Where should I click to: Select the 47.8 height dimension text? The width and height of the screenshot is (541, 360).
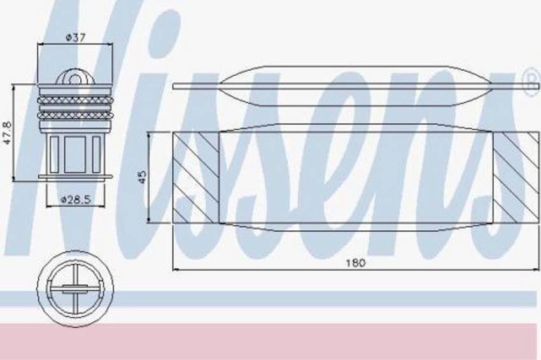8,132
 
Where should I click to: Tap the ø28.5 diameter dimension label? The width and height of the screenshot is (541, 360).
75,200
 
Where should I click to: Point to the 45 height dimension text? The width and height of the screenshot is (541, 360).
142,177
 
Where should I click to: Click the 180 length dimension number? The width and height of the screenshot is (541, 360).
356,263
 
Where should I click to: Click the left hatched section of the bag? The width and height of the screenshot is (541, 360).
195,177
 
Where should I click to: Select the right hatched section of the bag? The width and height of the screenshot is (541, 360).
516,177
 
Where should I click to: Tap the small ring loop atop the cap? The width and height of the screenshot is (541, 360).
75,78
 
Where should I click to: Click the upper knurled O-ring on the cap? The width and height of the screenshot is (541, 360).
75,100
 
